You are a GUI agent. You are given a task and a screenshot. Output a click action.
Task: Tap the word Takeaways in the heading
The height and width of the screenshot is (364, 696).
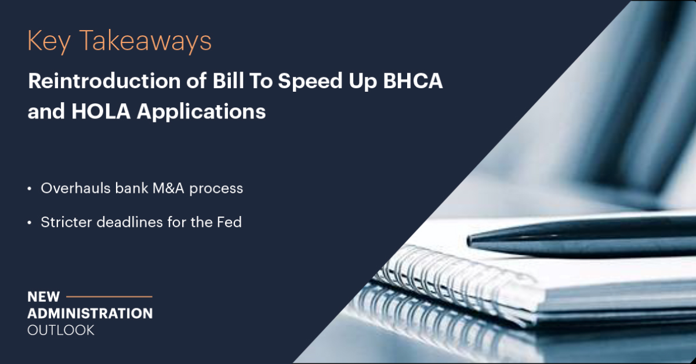[145, 42]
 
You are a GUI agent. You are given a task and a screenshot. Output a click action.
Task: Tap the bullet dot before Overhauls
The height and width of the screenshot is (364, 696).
[30, 189]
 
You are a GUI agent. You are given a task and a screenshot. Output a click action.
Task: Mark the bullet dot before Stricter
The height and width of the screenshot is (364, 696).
[30, 222]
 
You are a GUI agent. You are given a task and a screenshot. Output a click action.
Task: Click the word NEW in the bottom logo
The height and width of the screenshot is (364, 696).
[43, 297]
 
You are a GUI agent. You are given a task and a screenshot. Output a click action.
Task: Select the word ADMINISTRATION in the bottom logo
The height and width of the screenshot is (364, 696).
[90, 313]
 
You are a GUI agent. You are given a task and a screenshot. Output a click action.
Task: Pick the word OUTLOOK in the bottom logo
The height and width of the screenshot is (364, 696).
[61, 330]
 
